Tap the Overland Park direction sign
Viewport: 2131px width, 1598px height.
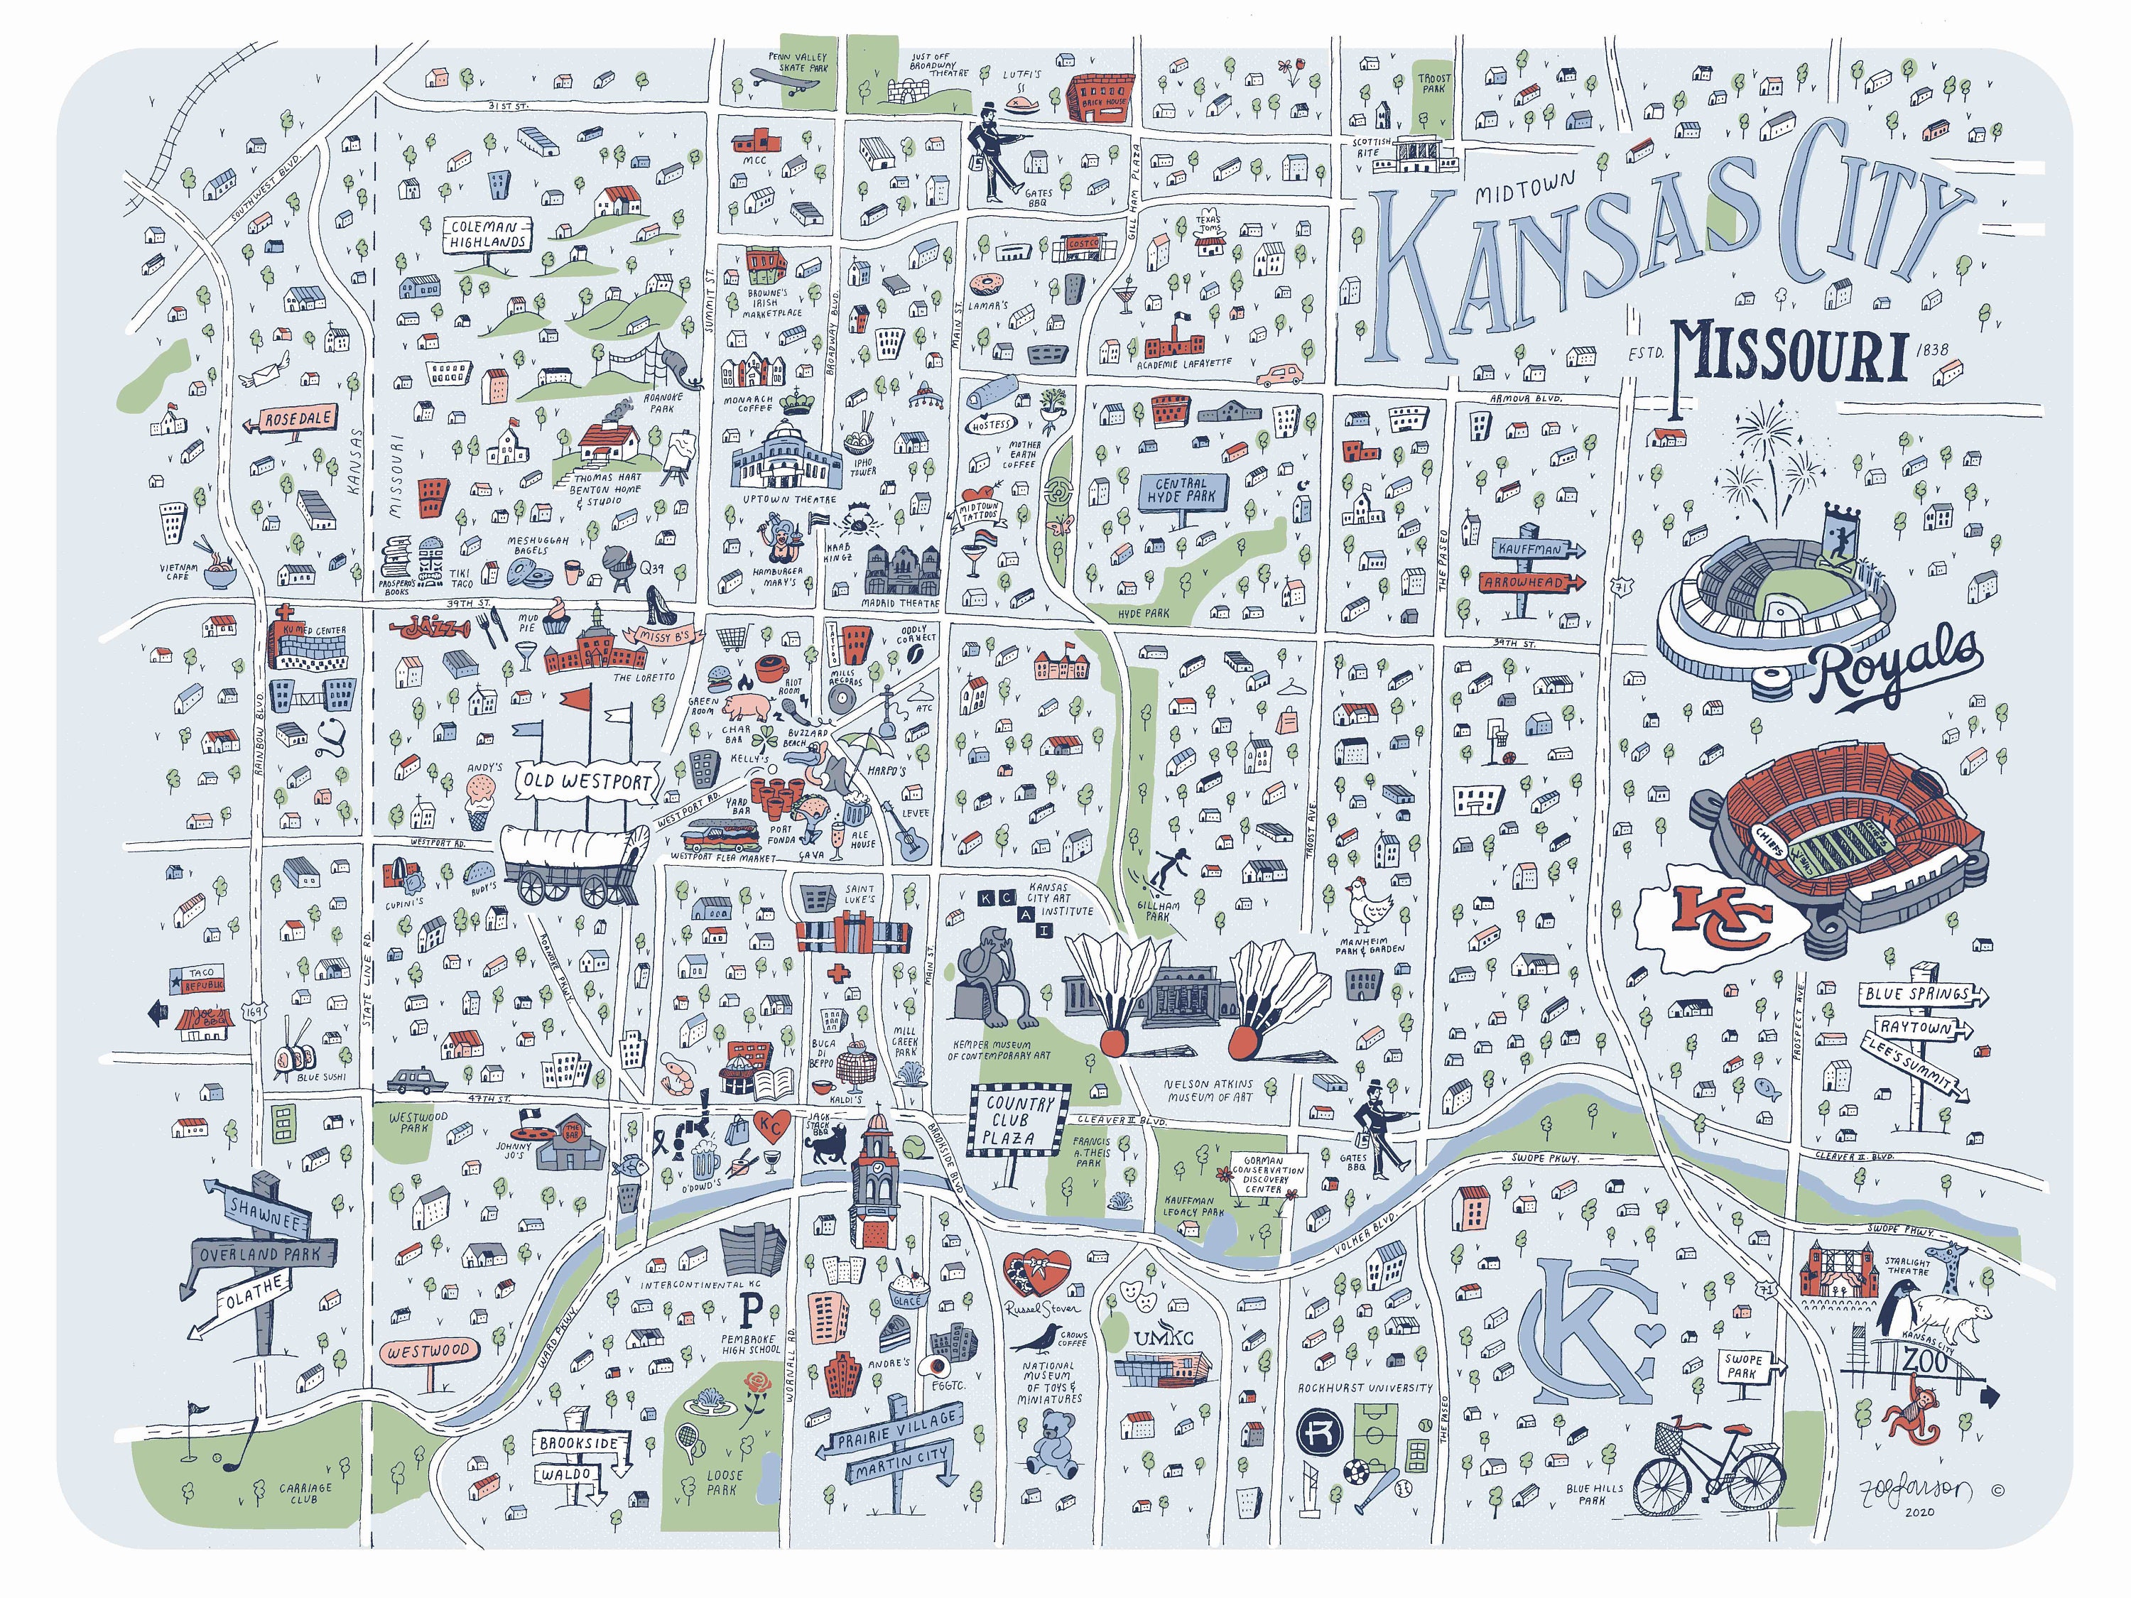click(265, 1255)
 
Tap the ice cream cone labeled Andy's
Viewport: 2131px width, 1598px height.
click(482, 798)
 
